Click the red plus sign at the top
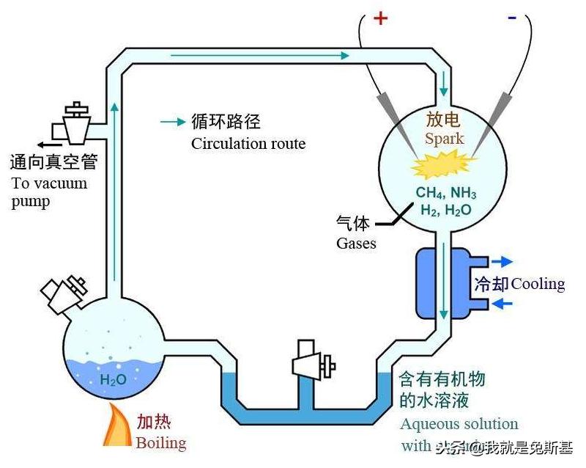[x=380, y=18]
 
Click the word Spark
[x=444, y=139]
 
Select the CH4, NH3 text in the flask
[x=446, y=194]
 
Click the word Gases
[x=356, y=243]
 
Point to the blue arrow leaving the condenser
[x=502, y=261]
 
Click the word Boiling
[x=161, y=443]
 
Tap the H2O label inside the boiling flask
[x=113, y=380]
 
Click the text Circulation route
[x=248, y=143]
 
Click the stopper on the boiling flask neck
[x=64, y=291]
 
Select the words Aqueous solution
[x=459, y=424]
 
